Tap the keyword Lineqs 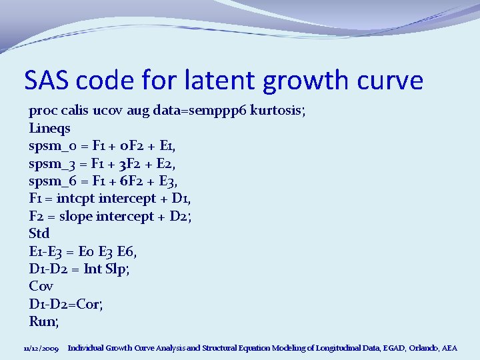coord(50,128)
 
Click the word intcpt coord(75,198)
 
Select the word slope coord(76,216)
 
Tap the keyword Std coord(39,233)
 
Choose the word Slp coord(125,269)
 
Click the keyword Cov coord(41,286)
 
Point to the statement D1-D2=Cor coord(66,304)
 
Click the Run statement coord(44,321)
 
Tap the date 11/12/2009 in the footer coord(41,348)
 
